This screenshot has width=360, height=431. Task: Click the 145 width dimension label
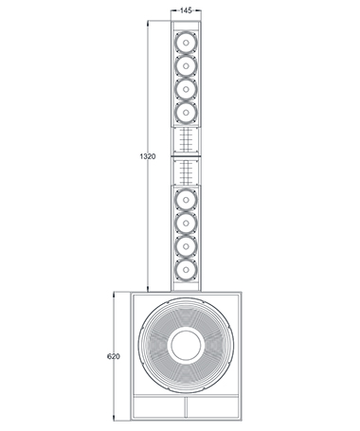tap(188, 9)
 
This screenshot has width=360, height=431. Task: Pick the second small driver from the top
tap(188, 65)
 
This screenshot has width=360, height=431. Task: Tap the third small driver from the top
tap(188, 88)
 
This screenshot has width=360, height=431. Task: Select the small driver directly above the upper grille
tap(188, 112)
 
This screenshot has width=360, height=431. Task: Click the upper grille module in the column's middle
tap(188, 139)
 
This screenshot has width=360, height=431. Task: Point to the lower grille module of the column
tap(188, 171)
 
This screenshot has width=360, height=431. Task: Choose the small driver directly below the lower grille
tap(188, 200)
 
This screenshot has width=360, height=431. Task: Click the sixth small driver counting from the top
tap(188, 223)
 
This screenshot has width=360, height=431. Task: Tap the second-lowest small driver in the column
tap(188, 245)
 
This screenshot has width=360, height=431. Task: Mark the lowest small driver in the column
tap(188, 268)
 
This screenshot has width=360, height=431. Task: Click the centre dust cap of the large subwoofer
tap(187, 344)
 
